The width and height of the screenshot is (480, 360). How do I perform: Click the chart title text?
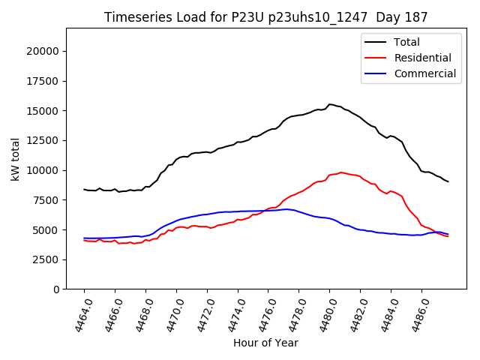tap(266, 17)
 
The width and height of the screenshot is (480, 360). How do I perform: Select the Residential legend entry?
tap(422, 58)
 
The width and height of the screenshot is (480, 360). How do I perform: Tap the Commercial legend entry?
tap(424, 73)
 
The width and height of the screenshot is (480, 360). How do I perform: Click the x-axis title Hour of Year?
tap(265, 343)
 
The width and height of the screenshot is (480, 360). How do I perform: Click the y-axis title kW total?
tap(15, 159)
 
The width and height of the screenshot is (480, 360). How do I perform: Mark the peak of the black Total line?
tap(330, 104)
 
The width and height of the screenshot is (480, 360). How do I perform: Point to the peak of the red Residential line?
tap(340, 172)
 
